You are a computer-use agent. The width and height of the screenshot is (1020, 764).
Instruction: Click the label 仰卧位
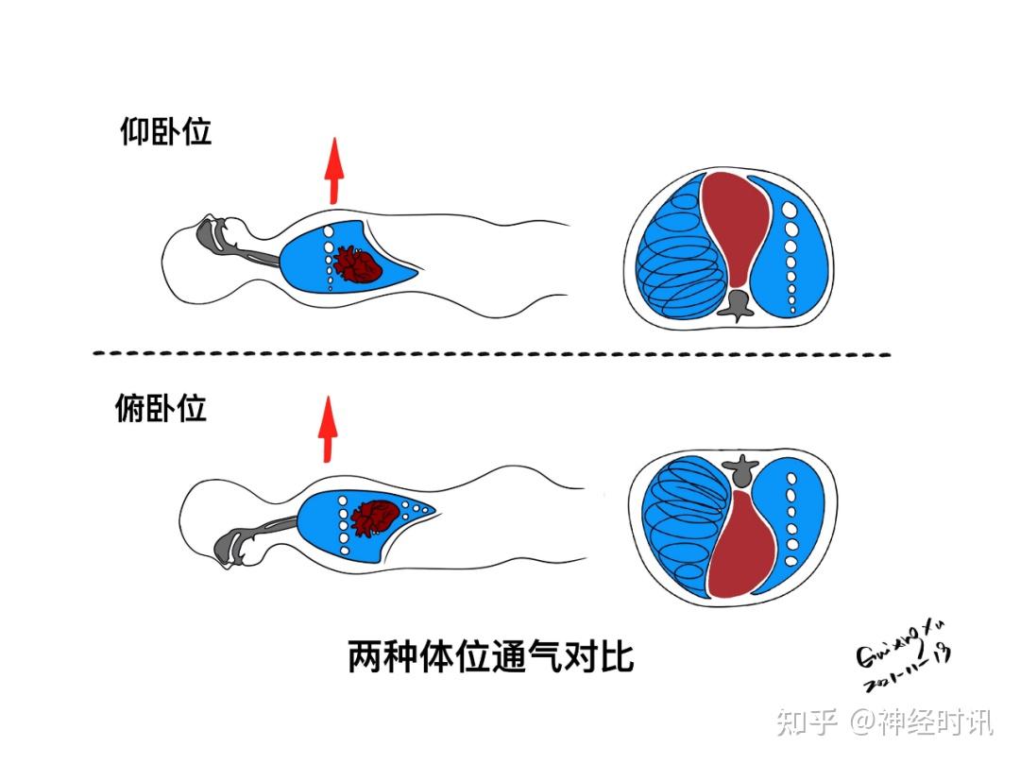(x=166, y=131)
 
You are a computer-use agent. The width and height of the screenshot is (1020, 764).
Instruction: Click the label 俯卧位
(x=161, y=408)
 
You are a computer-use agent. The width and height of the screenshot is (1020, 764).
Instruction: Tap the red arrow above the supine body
(x=333, y=170)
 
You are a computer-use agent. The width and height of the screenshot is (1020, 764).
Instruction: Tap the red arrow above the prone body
(x=329, y=429)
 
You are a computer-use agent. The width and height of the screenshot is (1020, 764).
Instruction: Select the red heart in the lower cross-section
(x=741, y=543)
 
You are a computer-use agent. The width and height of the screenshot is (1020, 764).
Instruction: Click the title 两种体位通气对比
(x=491, y=656)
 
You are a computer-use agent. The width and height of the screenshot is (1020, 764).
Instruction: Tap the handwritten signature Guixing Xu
(x=901, y=645)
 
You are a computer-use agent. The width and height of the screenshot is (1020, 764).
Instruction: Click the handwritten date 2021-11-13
(x=908, y=670)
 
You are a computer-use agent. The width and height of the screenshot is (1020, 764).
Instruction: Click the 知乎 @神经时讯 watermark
(x=885, y=722)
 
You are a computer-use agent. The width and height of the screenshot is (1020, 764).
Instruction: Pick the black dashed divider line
(x=491, y=354)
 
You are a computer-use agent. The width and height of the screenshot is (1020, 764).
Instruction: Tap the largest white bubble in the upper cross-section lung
(x=789, y=210)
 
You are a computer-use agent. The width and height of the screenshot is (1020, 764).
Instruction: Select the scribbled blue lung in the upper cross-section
(x=680, y=250)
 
